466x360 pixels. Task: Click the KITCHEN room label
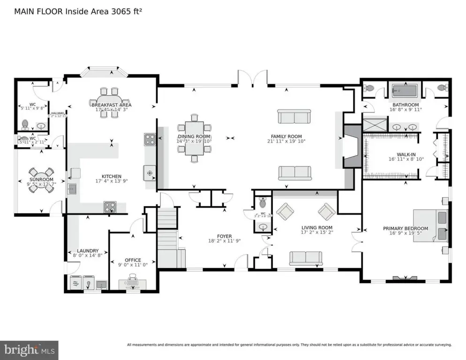click(111, 176)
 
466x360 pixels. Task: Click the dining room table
click(194, 137)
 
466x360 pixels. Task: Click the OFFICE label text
click(133, 260)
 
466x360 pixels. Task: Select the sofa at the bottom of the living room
click(306, 257)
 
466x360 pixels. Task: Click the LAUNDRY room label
click(88, 251)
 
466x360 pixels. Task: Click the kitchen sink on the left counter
click(73, 189)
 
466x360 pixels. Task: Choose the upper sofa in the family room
click(294, 116)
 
